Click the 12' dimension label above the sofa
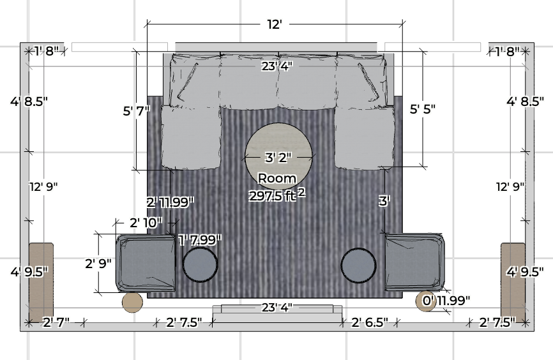pyautogui.click(x=274, y=24)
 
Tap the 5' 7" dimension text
pyautogui.click(x=137, y=111)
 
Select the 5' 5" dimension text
pyautogui.click(x=423, y=109)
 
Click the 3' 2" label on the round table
pyautogui.click(x=278, y=157)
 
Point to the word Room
pyautogui.click(x=277, y=179)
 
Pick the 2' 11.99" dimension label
pyautogui.click(x=170, y=202)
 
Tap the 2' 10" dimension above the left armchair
pyautogui.click(x=146, y=223)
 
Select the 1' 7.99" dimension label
pyautogui.click(x=201, y=240)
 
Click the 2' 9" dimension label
pyautogui.click(x=98, y=264)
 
